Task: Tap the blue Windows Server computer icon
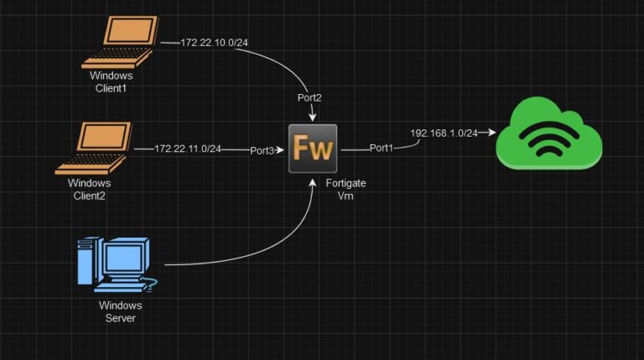113,263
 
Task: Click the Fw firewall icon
313,149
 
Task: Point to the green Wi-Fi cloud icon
548,133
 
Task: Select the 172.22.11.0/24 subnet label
188,149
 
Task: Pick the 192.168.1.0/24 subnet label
444,133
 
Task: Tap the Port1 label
381,148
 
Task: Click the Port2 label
309,97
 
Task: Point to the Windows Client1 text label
112,81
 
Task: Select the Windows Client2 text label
90,189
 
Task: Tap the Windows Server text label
121,311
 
